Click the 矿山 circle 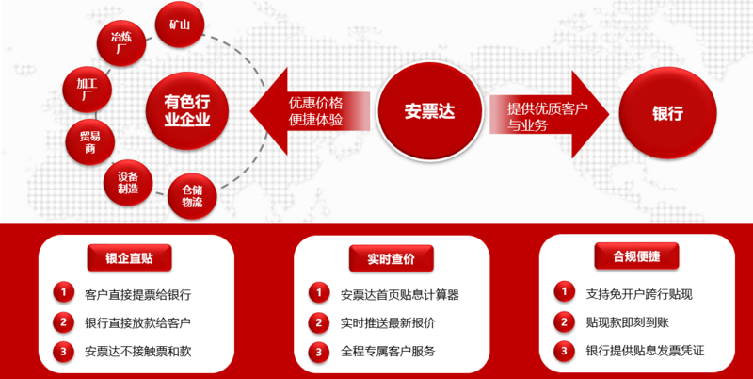point(180,25)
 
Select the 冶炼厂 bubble point(121,42)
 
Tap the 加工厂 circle point(88,90)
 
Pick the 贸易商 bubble point(89,141)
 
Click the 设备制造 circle point(128,183)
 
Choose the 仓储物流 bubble point(192,196)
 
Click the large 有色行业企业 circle point(186,111)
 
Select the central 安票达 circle point(429,111)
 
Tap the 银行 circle point(667,113)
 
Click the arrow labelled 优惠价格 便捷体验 point(310,111)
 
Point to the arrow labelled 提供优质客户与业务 point(550,114)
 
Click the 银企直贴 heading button point(129,257)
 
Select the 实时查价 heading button point(391,258)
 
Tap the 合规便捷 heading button point(637,256)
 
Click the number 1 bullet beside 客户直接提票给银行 point(63,292)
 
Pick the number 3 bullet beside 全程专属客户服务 point(319,352)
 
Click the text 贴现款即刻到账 point(627,322)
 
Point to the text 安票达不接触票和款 point(137,352)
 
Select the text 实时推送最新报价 point(388,322)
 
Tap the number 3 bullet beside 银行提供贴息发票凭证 point(564,350)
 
